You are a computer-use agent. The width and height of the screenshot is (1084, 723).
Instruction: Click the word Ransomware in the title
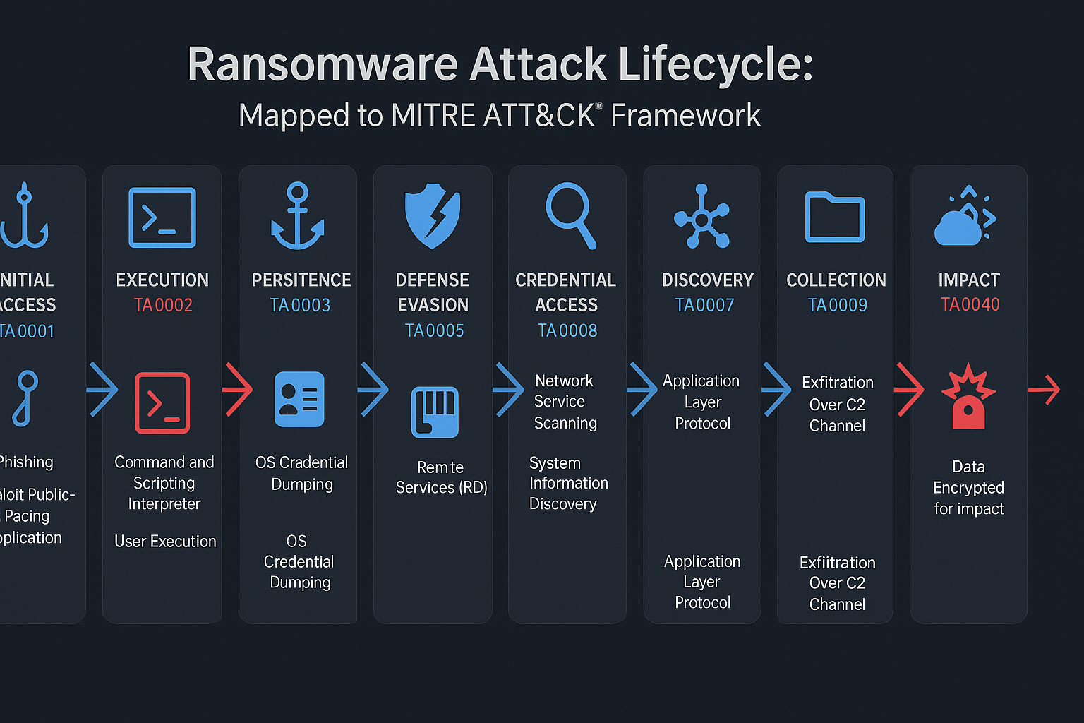click(323, 65)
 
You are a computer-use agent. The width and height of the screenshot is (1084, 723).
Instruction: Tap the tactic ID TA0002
click(163, 305)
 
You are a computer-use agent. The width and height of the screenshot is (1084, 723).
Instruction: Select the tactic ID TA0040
click(970, 304)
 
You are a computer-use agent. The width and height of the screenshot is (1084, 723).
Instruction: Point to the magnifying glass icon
click(570, 215)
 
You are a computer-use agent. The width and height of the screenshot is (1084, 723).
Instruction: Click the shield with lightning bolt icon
click(433, 215)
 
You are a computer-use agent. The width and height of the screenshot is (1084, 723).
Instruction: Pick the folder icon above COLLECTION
click(835, 217)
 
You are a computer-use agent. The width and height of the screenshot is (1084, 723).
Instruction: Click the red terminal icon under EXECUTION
click(162, 402)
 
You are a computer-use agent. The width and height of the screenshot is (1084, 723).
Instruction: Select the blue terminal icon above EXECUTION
click(162, 217)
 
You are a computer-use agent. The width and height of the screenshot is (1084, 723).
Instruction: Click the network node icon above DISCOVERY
click(702, 217)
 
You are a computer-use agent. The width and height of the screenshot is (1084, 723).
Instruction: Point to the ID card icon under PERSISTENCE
click(299, 400)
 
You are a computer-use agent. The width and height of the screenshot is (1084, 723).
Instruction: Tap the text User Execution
click(165, 542)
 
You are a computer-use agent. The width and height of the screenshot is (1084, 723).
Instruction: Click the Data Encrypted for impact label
click(968, 488)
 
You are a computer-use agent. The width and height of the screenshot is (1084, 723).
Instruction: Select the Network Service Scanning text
click(565, 402)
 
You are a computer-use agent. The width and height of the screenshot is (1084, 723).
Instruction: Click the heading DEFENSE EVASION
click(433, 292)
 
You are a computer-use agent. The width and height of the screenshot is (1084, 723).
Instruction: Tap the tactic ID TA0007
click(704, 305)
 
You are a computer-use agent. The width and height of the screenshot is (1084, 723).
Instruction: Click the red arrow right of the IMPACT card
click(1044, 389)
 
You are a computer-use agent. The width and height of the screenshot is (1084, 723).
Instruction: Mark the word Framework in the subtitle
click(685, 116)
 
